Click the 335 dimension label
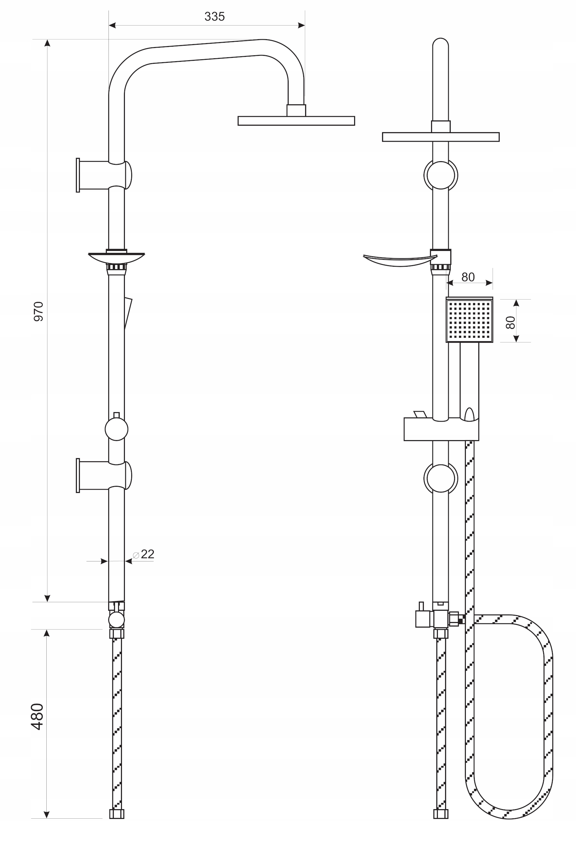[x=214, y=17]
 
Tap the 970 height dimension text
[x=38, y=311]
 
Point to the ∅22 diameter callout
[x=144, y=554]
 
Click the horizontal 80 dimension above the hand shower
[x=468, y=277]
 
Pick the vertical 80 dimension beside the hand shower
[x=510, y=322]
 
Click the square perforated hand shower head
[x=469, y=320]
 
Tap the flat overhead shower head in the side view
[x=296, y=121]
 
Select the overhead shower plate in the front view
[x=441, y=136]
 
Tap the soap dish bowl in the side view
[x=116, y=258]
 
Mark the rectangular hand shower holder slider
[x=441, y=429]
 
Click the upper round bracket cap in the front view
[x=441, y=175]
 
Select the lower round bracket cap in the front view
[x=441, y=478]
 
